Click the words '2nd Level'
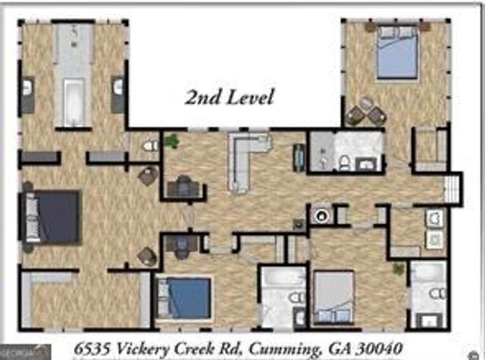click(230, 97)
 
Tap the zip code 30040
click(384, 349)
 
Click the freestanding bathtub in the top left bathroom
click(75, 102)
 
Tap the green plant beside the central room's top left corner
click(172, 141)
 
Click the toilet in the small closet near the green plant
click(150, 144)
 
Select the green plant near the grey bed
click(398, 269)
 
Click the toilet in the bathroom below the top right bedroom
click(343, 161)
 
